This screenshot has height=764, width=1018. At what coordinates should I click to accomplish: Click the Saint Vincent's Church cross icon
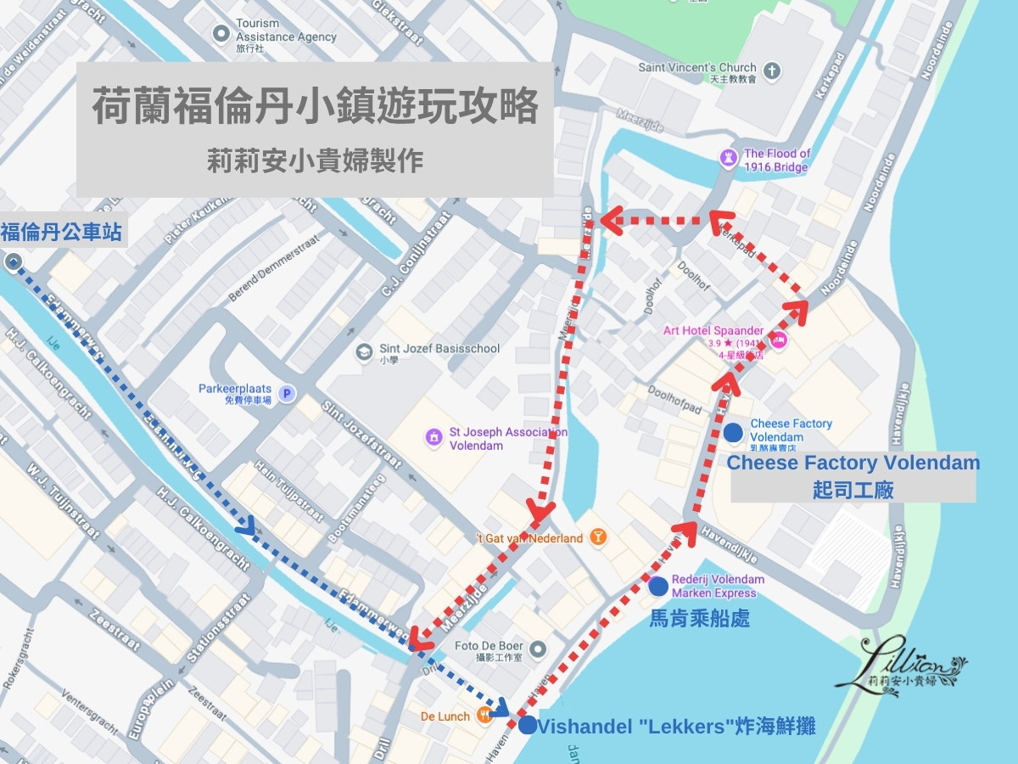tap(771, 72)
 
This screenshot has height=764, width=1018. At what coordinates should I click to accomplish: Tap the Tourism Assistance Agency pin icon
tap(221, 34)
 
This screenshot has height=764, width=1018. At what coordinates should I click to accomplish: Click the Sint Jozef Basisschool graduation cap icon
tap(364, 351)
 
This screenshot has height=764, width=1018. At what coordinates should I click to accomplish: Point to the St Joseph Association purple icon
tap(433, 438)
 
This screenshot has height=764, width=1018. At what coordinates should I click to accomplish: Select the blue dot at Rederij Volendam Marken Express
tap(657, 586)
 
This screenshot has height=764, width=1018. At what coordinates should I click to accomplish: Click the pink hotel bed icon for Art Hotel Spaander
tap(779, 340)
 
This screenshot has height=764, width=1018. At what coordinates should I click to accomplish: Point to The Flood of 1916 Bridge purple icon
tap(727, 158)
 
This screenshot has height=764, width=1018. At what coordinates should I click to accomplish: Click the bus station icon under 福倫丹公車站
tap(13, 262)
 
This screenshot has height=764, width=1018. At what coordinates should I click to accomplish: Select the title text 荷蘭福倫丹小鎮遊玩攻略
tap(315, 108)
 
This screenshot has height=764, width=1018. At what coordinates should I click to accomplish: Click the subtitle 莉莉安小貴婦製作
tap(315, 160)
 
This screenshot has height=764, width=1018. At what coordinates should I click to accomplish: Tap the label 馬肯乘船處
tap(700, 617)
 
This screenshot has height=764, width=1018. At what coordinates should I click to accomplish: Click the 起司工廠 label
tap(853, 490)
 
